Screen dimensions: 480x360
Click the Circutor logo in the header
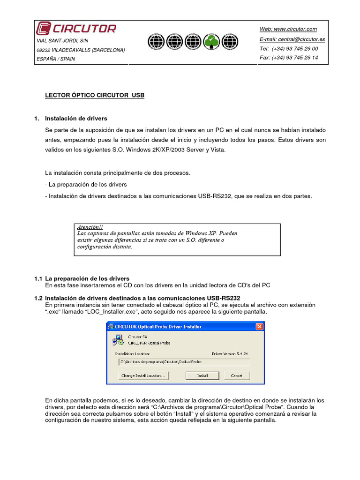tap(76, 29)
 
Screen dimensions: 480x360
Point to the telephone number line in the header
tap(289, 49)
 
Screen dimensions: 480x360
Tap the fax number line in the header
tap(289, 58)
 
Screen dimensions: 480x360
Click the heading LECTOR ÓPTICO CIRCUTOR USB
tap(95, 95)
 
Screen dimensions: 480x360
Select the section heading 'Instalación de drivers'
tap(76, 118)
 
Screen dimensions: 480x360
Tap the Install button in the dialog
tap(202, 375)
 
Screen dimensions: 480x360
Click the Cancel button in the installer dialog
tap(236, 375)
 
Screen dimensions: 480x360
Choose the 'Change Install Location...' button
tap(143, 375)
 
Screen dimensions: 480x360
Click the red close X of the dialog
tap(259, 326)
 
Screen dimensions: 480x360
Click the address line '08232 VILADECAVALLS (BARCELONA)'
tap(81, 50)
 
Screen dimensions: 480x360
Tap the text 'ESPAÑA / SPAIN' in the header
tap(56, 59)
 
